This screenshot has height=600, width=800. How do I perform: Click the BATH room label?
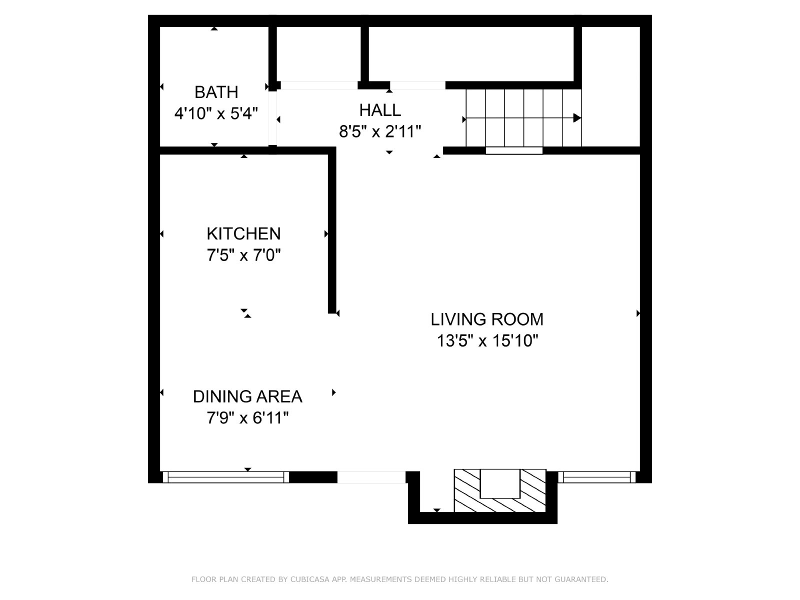(x=216, y=92)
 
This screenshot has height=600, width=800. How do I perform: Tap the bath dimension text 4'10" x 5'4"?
(x=216, y=113)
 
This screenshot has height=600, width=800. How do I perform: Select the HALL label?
(x=380, y=110)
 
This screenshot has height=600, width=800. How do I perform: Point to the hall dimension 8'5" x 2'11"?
(x=380, y=131)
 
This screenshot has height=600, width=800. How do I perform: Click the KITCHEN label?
(x=244, y=233)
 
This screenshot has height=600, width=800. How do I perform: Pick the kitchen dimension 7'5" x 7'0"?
(x=244, y=255)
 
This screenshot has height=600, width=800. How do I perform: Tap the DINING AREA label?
(x=247, y=396)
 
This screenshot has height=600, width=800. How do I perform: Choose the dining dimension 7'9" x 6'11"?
(x=247, y=418)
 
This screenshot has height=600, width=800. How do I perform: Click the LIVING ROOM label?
(x=487, y=319)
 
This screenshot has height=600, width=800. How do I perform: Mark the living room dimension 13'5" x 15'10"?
(x=487, y=341)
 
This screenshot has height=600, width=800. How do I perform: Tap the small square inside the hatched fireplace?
(x=500, y=484)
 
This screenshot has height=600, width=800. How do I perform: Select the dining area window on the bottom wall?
(x=226, y=477)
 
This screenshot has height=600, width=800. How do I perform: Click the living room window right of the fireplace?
(x=597, y=477)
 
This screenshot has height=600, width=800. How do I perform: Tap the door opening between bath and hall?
(x=272, y=117)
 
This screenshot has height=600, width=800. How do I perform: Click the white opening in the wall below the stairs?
(x=514, y=150)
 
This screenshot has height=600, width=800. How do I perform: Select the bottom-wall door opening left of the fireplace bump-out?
(x=371, y=477)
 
